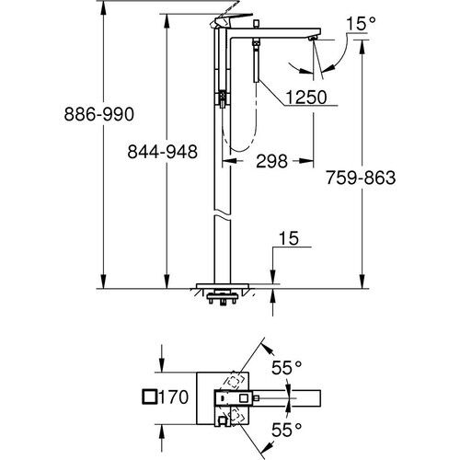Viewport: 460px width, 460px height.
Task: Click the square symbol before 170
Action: pyautogui.click(x=150, y=398)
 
